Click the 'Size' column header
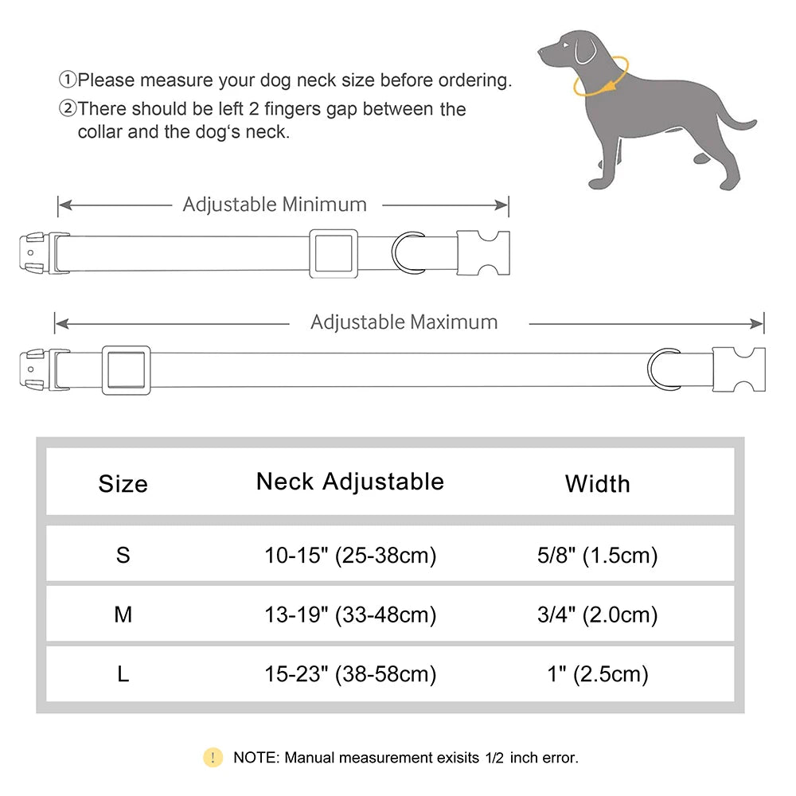123,484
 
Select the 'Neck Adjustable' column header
350,482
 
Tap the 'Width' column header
597,484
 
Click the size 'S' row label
123,555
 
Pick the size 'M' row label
123,615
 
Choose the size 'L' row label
123,674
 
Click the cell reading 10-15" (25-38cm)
350,555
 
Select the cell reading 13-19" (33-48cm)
350,615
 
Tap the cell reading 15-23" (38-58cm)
350,674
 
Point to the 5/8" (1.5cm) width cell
597,555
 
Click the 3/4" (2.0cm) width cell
597,615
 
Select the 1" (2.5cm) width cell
597,674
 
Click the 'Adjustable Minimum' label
275,205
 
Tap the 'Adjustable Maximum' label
404,322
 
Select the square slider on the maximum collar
127,371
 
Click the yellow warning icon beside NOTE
213,757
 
